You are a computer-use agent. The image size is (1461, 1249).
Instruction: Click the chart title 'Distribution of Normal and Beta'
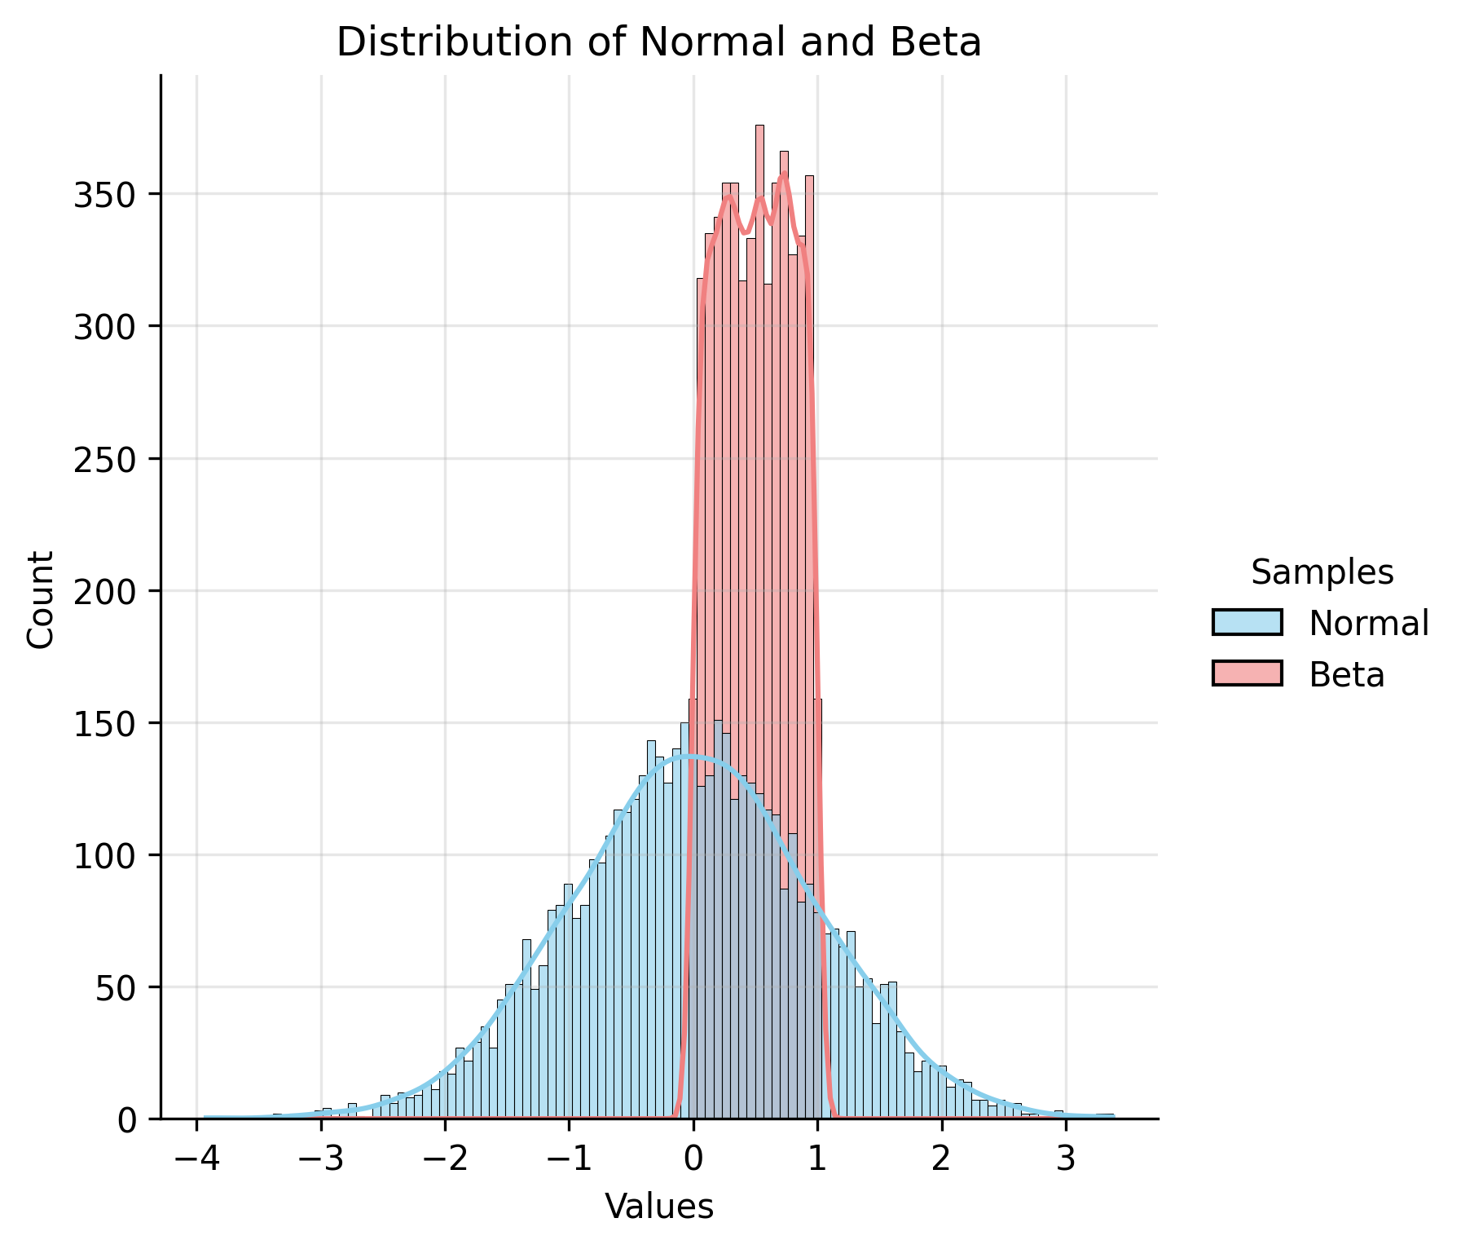658,42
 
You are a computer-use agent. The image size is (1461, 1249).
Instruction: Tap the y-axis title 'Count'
41,598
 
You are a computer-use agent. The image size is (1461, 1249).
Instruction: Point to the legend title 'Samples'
1322,573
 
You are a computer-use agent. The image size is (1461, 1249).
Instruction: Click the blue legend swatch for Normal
1247,623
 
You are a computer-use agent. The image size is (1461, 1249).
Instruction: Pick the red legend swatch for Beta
1247,673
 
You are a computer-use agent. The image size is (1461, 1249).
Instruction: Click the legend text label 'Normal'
1369,624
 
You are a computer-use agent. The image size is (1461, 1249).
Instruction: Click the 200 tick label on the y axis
106,591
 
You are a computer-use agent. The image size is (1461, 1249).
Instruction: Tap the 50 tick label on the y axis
116,987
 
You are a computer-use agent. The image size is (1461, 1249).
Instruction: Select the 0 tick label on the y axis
126,1120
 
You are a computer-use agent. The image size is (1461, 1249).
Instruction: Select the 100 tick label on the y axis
106,855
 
